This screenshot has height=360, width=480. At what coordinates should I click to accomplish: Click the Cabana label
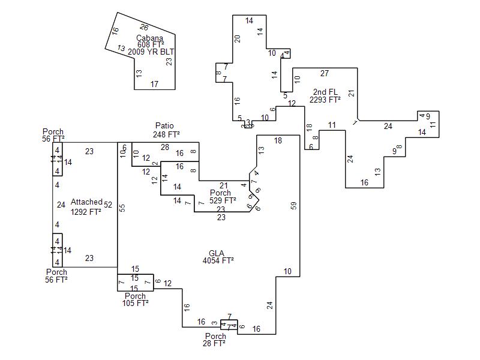pos(149,38)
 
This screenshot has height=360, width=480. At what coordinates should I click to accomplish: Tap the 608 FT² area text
pos(151,45)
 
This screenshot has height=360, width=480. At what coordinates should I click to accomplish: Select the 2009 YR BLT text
pos(151,52)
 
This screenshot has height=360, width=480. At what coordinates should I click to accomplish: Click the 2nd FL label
pos(325,92)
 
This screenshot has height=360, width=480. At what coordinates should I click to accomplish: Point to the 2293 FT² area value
pos(325,100)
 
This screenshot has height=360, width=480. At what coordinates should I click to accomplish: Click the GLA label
pos(218,252)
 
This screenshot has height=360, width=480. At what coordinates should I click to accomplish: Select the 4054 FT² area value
pos(218,260)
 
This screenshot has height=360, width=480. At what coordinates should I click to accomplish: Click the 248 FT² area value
pos(166,134)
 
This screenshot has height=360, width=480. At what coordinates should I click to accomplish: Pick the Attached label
pos(86,202)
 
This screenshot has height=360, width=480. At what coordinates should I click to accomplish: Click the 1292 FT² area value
pos(86,211)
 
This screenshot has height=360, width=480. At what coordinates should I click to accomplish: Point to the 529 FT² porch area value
pos(220,200)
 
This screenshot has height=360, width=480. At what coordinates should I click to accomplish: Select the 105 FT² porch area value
pos(135,303)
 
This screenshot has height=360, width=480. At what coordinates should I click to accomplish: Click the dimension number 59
pos(294,205)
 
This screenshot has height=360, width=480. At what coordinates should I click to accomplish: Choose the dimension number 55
pos(122,208)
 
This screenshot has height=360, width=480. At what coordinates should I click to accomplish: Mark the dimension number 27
pos(325,73)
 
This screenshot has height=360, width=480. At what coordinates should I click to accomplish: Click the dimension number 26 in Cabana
pos(144,27)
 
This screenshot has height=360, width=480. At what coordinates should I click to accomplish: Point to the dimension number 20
pos(238,38)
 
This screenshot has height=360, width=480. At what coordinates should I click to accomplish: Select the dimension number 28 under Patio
pos(164,147)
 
